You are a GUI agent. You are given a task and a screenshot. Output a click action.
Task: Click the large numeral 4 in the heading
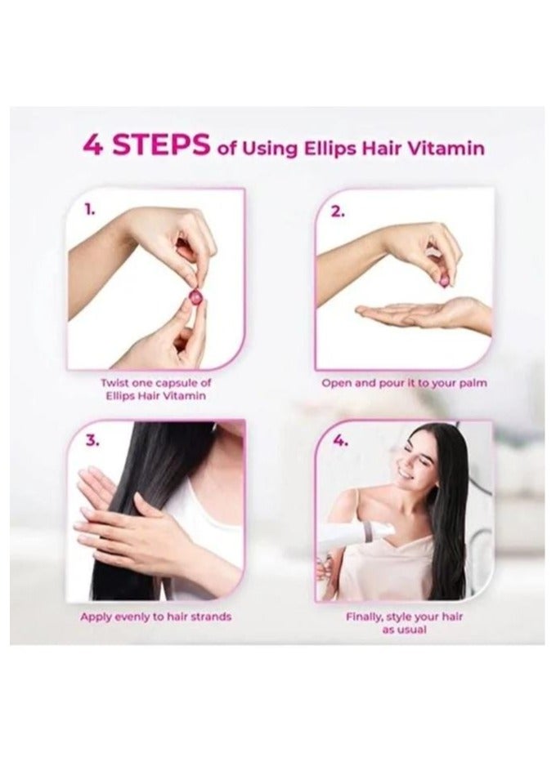[93, 145]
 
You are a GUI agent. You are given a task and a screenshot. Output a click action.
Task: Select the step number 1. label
[90, 210]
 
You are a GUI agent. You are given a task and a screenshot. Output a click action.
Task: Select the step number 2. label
[338, 212]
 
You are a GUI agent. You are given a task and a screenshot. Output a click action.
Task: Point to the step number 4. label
[340, 441]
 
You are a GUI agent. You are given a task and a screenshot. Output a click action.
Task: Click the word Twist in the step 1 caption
[114, 383]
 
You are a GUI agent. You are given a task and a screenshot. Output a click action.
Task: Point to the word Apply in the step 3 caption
[94, 617]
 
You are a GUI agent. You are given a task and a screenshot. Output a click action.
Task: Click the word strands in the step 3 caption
[210, 617]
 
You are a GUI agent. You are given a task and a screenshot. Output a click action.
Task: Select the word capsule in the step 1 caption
[176, 383]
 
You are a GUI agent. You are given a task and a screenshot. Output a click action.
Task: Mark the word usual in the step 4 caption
[411, 630]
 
